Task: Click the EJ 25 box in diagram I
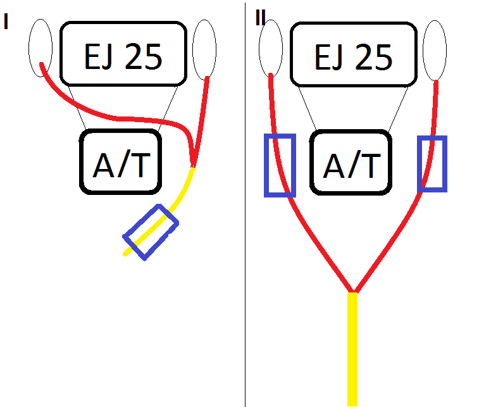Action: (x=125, y=54)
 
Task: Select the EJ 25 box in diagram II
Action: (x=353, y=54)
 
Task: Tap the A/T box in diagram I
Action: (x=120, y=162)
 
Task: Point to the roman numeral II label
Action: (x=260, y=18)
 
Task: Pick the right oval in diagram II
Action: (x=435, y=49)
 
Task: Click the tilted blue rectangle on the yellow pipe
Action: (x=151, y=232)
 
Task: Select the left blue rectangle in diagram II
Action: (x=280, y=165)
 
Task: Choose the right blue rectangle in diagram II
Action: (x=433, y=163)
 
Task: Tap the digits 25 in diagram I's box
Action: (x=143, y=58)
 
